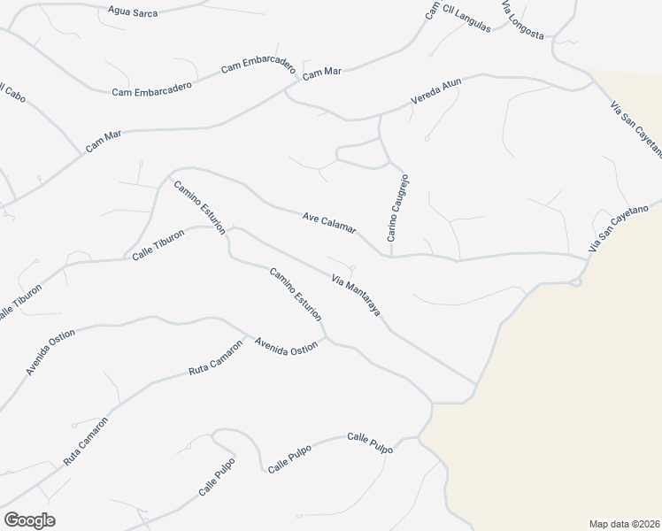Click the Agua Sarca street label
coord(127,12)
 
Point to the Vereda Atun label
coord(436,93)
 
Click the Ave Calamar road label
coord(328,222)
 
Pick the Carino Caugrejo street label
coord(396,208)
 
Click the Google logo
coord(29,519)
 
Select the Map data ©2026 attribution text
coord(624,523)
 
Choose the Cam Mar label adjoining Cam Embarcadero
coord(322,74)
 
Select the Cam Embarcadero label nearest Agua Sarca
coord(258,66)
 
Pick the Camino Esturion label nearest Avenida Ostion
coord(296,294)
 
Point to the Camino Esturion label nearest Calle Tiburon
coord(200,207)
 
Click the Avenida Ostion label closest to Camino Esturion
coord(286,347)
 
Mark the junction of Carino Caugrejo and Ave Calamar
coord(390,257)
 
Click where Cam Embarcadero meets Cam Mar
coord(285,88)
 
